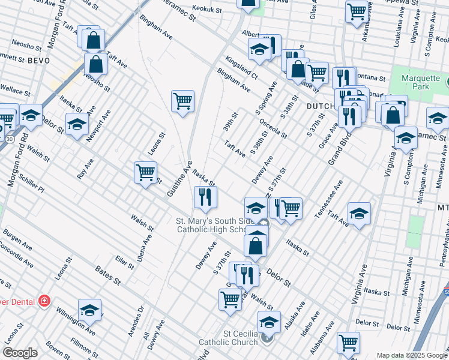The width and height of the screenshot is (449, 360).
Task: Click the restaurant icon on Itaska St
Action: (205, 197)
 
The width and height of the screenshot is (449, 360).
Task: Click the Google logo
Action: (20, 353)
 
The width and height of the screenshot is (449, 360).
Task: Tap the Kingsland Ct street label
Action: (241, 68)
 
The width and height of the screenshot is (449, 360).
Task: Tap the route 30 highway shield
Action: (9, 138)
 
